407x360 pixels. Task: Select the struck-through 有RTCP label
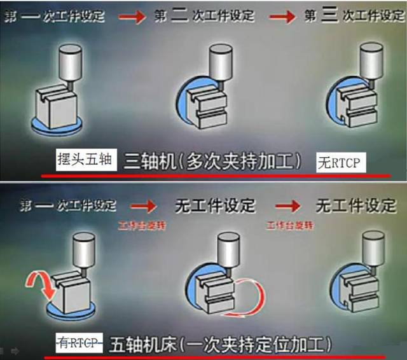pos(79,343)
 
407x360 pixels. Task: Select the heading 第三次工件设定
pos(352,16)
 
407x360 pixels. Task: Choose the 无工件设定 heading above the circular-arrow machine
pos(215,205)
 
